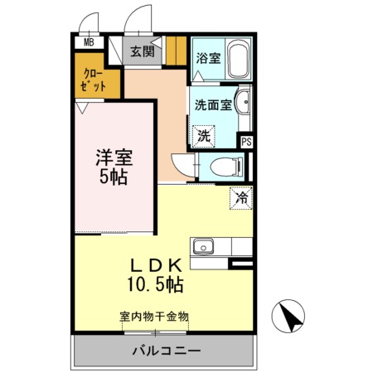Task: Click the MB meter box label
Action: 89,42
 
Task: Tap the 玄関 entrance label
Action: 143,51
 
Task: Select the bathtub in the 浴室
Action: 238,59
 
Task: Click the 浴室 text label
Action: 209,58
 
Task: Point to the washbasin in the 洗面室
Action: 243,102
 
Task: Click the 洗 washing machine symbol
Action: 204,135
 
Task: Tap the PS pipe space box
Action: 246,142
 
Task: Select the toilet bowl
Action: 226,167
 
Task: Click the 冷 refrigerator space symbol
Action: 241,198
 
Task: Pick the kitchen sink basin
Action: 203,246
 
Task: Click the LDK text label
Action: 156,265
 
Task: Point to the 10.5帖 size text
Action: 155,284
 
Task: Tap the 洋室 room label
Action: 114,157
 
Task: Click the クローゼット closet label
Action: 93,80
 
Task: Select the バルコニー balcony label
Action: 167,351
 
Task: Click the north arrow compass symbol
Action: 288,316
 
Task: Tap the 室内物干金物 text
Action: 154,317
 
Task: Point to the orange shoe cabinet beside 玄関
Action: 176,51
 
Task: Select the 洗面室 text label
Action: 213,104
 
